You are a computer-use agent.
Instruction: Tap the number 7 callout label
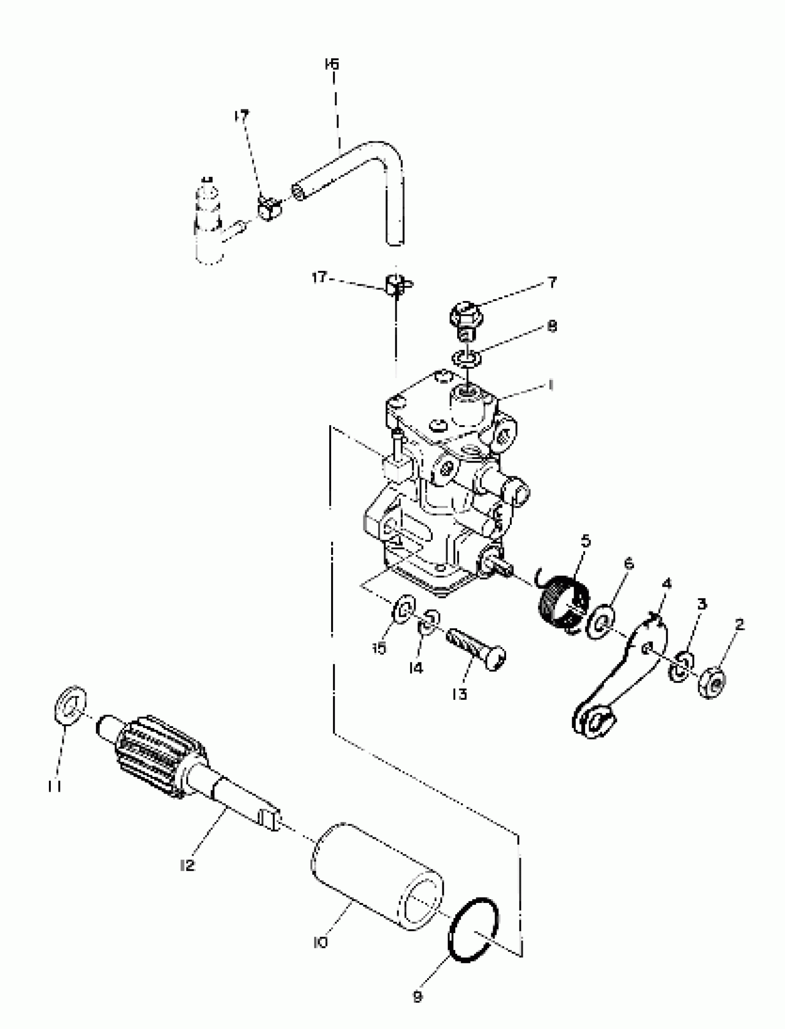(552, 282)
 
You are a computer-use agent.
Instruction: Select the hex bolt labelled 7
(466, 319)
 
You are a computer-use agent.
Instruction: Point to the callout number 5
(586, 542)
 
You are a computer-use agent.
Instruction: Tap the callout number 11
(54, 788)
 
